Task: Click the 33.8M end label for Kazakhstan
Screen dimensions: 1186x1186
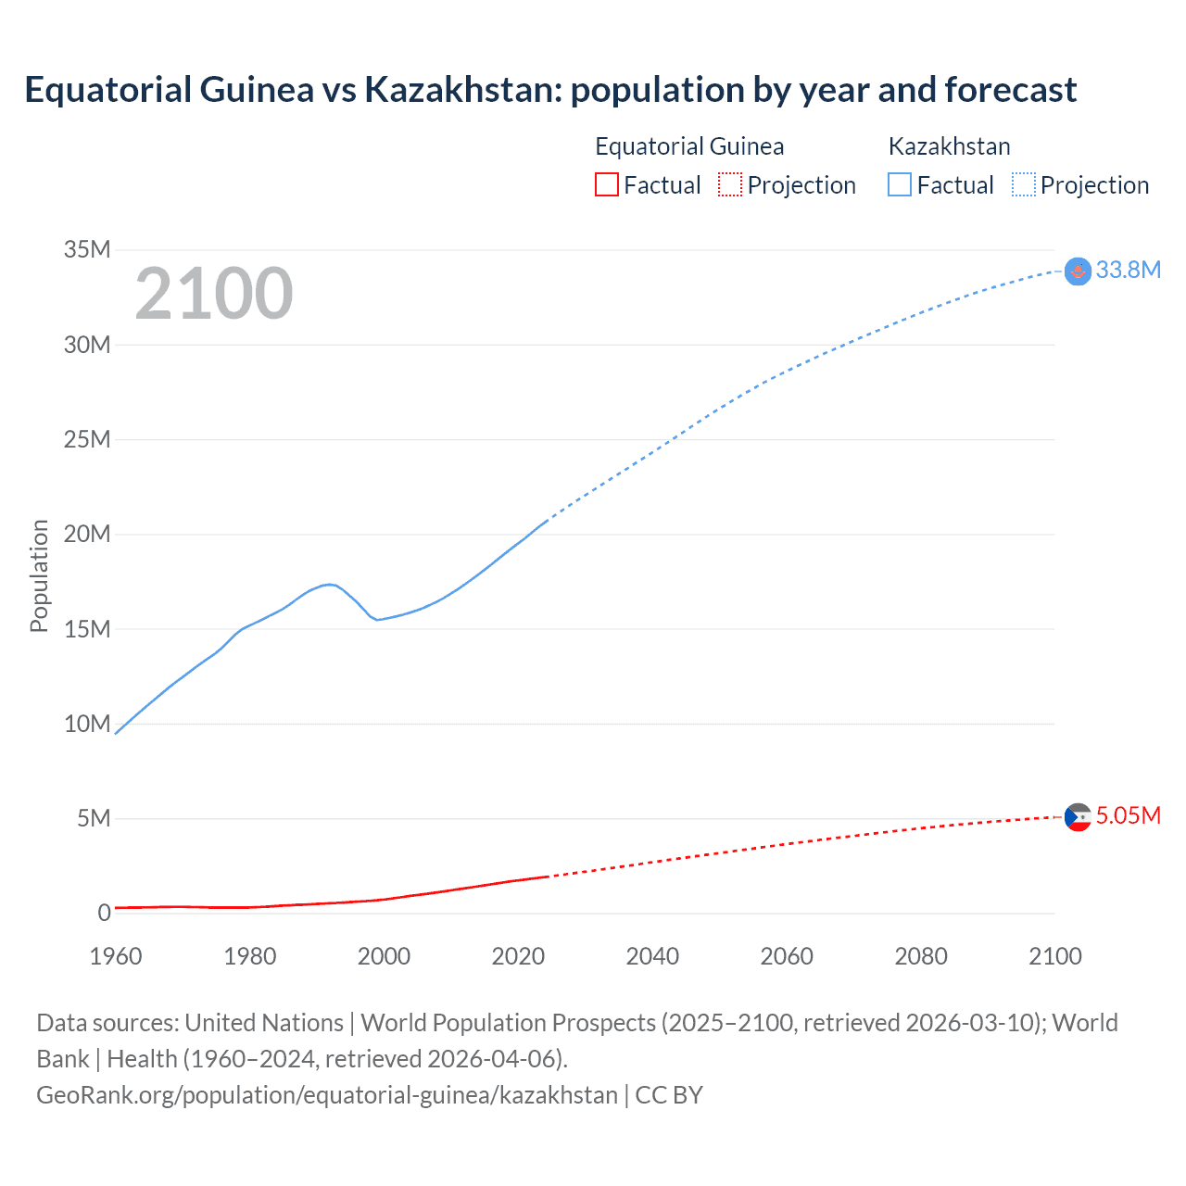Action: [x=1128, y=270]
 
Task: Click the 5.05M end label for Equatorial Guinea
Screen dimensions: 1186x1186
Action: [x=1128, y=815]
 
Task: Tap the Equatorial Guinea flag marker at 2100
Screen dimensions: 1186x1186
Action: [x=1078, y=817]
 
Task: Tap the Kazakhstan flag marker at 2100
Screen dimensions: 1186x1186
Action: [x=1078, y=271]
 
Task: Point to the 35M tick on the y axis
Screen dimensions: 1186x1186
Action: [x=87, y=249]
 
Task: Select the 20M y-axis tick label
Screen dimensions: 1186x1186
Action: [x=87, y=534]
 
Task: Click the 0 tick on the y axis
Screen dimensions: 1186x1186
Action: [x=104, y=913]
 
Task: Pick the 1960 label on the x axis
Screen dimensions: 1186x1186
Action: [x=116, y=956]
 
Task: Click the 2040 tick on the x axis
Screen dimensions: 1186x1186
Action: [x=652, y=956]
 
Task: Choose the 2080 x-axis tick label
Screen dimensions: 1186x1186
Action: [x=921, y=956]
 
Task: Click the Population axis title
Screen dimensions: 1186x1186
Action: [x=39, y=575]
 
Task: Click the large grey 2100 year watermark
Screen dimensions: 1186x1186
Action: [x=214, y=294]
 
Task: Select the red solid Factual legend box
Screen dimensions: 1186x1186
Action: [x=606, y=185]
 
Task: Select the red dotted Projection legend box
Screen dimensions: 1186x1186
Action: [x=730, y=185]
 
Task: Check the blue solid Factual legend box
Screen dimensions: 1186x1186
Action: [x=900, y=185]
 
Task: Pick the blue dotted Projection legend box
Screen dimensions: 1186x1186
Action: [x=1024, y=185]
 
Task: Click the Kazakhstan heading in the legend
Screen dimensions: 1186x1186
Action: [x=949, y=146]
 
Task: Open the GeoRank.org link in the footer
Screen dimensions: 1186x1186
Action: [x=326, y=1095]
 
